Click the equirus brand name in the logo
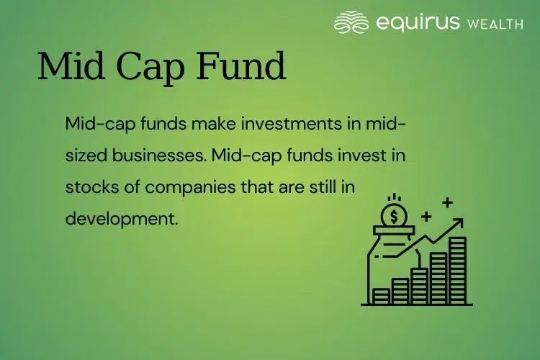(418, 22)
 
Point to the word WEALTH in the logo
(495, 24)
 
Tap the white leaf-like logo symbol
(351, 22)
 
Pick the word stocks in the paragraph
(87, 186)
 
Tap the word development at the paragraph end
(121, 218)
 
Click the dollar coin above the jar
(393, 214)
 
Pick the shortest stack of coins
(382, 296)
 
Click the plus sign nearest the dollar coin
(426, 215)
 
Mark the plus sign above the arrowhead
(447, 202)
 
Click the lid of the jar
(392, 230)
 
